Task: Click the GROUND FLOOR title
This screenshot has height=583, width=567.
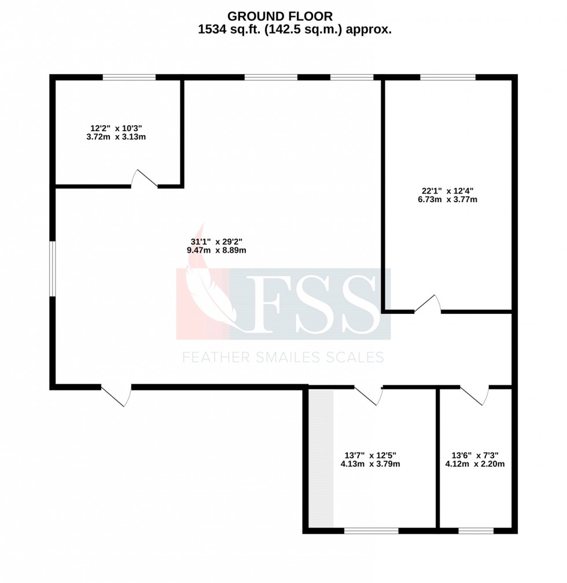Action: [280, 16]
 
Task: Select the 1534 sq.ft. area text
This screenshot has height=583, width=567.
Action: [294, 30]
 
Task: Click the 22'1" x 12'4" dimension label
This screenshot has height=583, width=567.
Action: [449, 195]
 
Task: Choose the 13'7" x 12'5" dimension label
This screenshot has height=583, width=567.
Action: [371, 459]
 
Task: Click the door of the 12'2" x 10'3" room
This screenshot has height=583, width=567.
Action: [144, 179]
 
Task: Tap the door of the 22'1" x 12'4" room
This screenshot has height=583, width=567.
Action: [428, 305]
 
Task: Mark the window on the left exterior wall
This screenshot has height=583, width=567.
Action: [52, 269]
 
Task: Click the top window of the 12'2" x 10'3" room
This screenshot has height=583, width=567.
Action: [129, 77]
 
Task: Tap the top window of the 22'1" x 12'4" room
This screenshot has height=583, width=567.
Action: [447, 77]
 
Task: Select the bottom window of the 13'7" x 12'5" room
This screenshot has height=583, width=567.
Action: [371, 530]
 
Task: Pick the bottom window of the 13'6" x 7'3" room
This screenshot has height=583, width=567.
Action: [476, 530]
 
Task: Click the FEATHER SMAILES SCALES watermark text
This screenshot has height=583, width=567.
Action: [283, 358]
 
